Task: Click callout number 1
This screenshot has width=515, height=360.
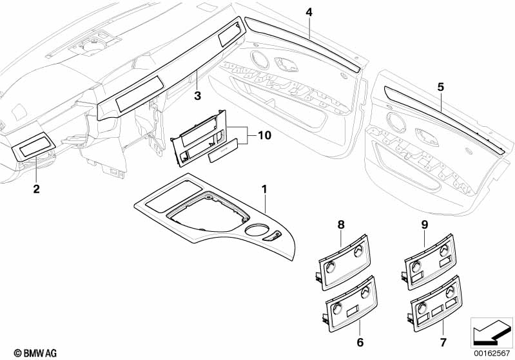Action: point(264,189)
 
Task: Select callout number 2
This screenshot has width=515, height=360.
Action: point(36,189)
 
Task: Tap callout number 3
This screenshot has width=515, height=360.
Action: point(198,97)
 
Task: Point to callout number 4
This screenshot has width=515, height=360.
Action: point(309,12)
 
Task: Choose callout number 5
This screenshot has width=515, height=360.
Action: point(440,86)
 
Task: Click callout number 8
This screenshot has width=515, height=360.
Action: point(341,224)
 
